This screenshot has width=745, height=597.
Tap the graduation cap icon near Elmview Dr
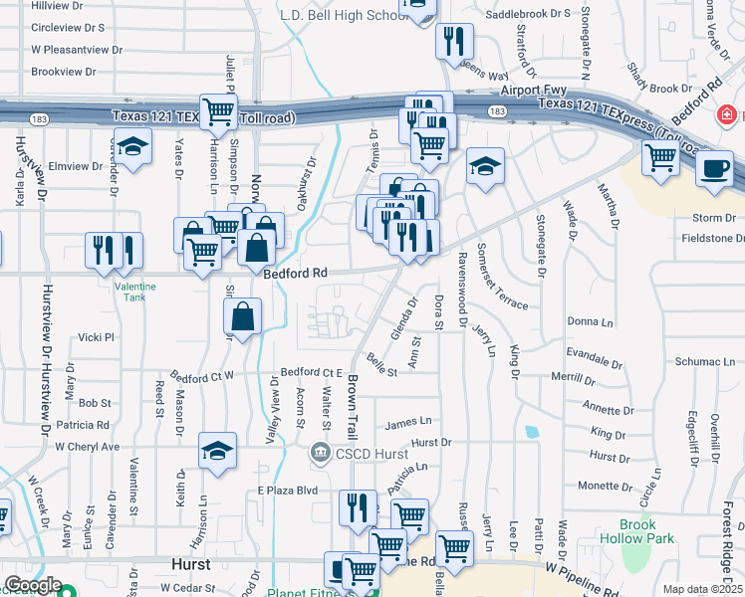[132, 146]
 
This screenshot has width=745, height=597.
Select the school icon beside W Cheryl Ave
[217, 451]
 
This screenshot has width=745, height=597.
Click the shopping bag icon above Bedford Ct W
[243, 317]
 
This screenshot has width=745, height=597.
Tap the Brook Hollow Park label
[637, 531]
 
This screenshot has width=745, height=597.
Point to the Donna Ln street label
[591, 322]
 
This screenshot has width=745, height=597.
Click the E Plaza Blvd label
[287, 491]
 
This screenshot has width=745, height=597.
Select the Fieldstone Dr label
[707, 238]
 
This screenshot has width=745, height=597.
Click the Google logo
[33, 586]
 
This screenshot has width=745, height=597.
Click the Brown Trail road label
[353, 407]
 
